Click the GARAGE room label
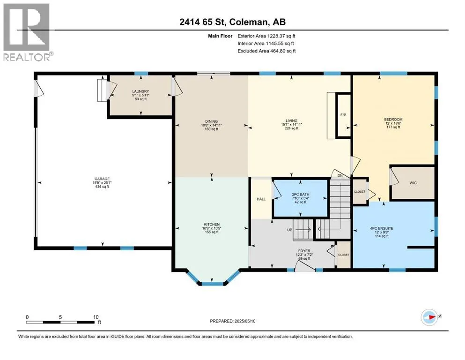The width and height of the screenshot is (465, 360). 102,179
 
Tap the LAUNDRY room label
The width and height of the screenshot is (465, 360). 140,91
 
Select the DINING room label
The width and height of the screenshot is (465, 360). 212,121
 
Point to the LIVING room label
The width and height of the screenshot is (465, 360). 292,121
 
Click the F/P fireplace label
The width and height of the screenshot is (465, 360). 343,115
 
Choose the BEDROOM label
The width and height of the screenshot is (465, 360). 393,120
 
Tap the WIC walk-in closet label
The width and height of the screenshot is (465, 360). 413,183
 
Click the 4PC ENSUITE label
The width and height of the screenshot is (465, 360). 382,229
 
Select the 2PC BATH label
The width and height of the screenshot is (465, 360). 301,195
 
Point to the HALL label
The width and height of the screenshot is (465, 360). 261,199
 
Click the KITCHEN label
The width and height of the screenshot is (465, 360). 212,225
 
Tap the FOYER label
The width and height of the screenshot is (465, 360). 304,251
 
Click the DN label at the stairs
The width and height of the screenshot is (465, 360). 340,176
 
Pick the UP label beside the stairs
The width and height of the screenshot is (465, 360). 290,230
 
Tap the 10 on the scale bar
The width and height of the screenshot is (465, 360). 96,317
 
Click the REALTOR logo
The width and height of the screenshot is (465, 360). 27,32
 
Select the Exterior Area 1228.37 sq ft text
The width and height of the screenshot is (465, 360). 266,36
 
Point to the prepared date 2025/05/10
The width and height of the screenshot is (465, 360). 244,321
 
